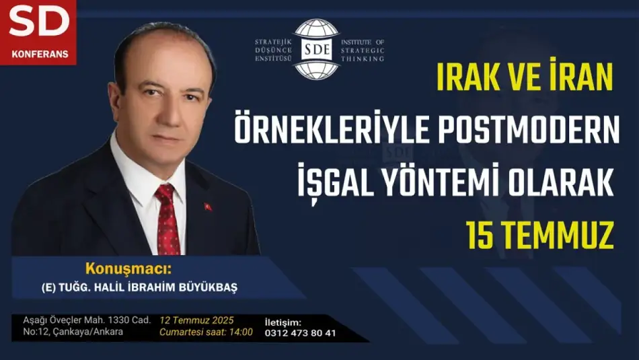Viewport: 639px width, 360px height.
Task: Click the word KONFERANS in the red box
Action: (40, 55)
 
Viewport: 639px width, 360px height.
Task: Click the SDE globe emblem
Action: (317, 49)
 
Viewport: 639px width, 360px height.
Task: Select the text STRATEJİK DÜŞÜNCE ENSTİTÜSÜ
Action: (274, 50)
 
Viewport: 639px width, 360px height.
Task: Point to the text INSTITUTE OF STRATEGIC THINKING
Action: (363, 50)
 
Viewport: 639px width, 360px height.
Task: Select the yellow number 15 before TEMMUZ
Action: (480, 236)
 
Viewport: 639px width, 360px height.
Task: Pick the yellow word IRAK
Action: (469, 77)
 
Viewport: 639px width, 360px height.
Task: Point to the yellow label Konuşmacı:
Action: (128, 269)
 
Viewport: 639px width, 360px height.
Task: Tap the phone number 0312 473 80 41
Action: (301, 333)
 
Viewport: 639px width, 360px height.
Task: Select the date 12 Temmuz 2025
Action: (197, 320)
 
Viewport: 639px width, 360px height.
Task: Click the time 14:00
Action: (241, 332)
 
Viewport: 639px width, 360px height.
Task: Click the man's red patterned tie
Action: (167, 220)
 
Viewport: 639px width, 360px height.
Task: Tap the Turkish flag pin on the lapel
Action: (209, 207)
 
